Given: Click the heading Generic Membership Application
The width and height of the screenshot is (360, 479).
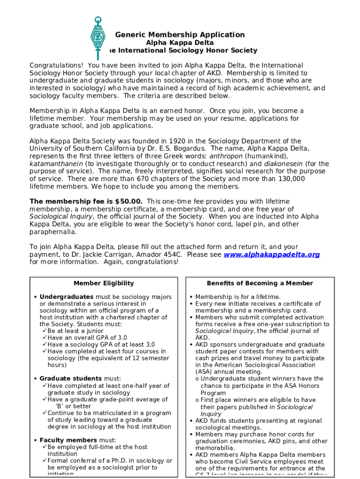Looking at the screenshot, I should coord(180,35).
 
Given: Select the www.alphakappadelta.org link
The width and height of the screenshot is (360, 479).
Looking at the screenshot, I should coord(272,254).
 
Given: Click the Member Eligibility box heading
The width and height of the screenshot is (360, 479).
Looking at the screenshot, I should coord(104,283).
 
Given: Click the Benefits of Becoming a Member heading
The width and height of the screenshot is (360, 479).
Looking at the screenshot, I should coord(260,283).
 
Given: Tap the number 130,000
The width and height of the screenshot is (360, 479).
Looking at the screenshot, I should coord(288,179).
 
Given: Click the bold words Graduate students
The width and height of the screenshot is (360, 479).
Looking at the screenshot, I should coord(71,378).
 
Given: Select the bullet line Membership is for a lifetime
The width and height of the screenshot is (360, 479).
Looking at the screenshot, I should coord(238,297).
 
